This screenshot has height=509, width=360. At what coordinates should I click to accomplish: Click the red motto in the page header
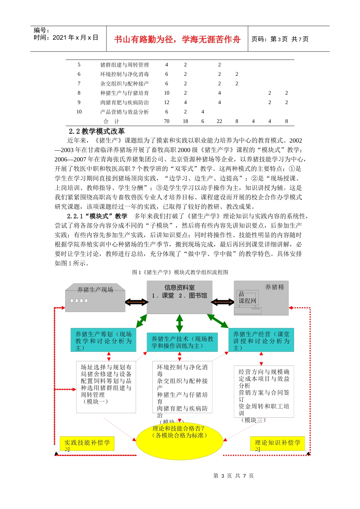point(177,39)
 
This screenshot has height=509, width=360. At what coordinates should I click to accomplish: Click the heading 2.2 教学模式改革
point(97,131)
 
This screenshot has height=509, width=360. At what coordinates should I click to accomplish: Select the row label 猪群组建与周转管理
point(124,65)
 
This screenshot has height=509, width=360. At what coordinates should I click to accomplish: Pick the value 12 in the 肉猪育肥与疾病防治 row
point(166,102)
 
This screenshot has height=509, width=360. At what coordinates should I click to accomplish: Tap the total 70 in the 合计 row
point(166,121)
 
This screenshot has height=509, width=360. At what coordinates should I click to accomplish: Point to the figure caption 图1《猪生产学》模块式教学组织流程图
point(180,272)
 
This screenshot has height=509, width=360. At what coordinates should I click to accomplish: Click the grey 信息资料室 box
point(179,297)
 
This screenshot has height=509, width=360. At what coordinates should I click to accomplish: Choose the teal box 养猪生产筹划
point(103,340)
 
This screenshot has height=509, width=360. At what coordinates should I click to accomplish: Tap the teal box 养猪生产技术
point(182,342)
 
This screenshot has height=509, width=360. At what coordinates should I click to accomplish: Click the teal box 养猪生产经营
point(261,340)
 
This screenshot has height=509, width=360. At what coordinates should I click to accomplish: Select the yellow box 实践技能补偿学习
point(87,443)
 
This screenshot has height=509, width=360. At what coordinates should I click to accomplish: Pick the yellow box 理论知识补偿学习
point(277,443)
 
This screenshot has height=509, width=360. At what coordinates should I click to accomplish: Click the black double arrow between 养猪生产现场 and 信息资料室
point(136,302)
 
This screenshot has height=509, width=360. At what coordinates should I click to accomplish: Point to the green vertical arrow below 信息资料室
point(180,323)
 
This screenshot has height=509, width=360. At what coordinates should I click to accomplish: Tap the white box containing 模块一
point(106,386)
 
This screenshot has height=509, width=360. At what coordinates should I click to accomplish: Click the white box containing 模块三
point(264,392)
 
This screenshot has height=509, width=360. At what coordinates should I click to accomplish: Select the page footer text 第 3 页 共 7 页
point(233,476)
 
